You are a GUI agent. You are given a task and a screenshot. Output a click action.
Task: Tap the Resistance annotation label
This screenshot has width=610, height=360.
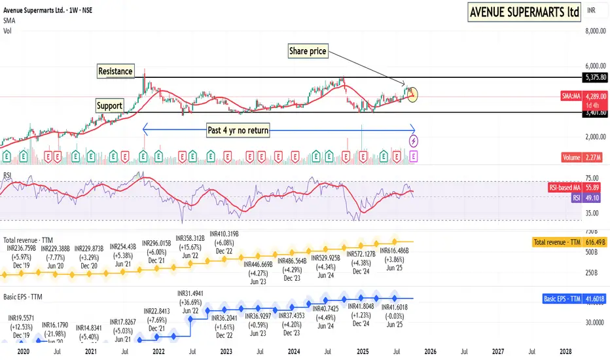click(115, 71)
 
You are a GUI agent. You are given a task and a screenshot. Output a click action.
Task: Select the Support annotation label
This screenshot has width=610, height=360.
click(109, 105)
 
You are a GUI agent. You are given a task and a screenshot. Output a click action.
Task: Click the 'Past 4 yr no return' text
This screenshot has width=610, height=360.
click(239, 129)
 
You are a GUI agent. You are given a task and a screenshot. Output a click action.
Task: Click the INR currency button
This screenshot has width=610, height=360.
click(592, 10)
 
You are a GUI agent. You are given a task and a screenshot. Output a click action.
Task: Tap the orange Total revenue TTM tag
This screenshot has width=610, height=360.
click(558, 242)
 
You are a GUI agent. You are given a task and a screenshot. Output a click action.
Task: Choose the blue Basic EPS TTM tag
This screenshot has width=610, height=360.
click(561, 299)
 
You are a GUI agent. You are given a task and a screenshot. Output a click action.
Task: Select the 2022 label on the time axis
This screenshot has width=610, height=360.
click(158, 351)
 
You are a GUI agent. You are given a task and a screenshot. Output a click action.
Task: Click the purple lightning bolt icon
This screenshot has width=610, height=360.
click(414, 140)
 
